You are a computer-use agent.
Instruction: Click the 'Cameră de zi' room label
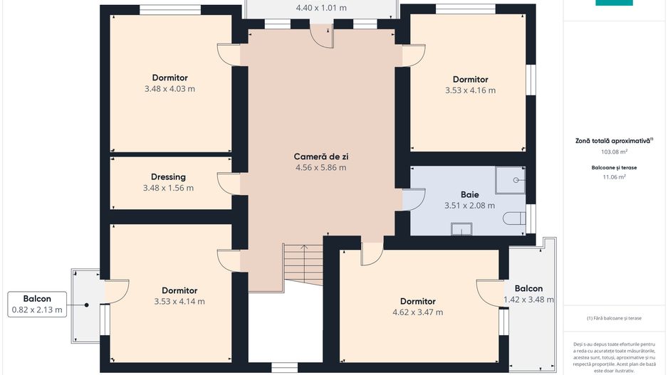[320, 157]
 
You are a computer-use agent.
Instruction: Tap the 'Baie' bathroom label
[469, 194]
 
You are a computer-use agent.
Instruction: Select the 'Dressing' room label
[168, 177]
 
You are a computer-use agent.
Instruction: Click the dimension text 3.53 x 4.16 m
[470, 90]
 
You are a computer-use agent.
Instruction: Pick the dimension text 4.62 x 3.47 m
[417, 312]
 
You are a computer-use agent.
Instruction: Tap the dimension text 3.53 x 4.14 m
[179, 302]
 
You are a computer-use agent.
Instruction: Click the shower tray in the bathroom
[511, 181]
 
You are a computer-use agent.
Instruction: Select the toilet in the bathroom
[514, 218]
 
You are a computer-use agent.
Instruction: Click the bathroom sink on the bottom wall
[461, 228]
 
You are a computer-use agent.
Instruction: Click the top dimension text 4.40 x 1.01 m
[320, 9]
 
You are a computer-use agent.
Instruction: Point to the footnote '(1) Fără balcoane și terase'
[614, 318]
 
